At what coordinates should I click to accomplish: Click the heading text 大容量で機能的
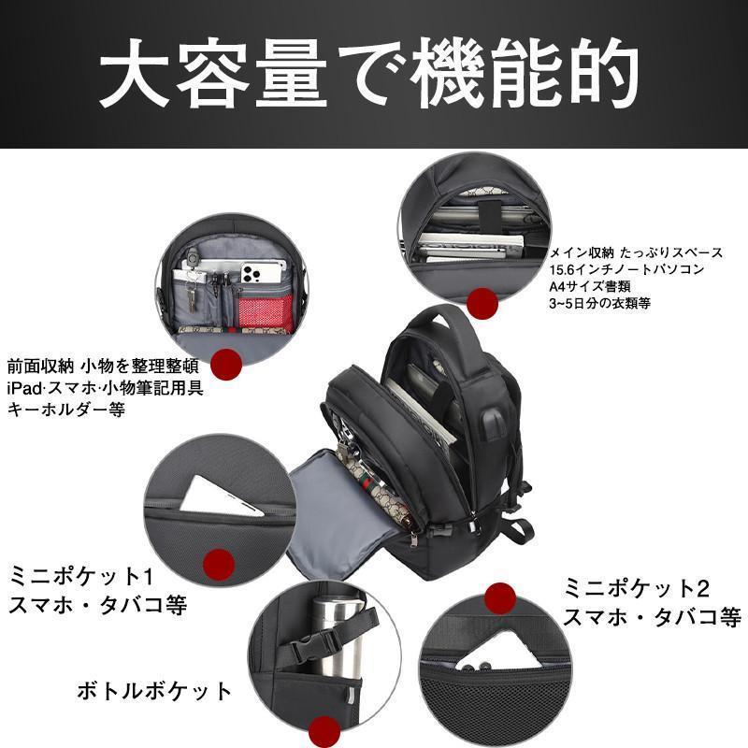point(368,74)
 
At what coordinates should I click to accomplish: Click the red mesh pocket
point(265,310)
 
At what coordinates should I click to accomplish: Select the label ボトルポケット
point(154,691)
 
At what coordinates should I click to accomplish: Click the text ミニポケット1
point(81,576)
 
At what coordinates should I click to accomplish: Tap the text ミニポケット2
point(637,588)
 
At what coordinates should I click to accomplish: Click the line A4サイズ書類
point(590,286)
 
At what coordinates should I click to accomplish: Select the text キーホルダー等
point(66,410)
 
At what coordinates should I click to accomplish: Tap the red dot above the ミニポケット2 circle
point(500,598)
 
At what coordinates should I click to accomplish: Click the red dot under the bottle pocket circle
point(324,731)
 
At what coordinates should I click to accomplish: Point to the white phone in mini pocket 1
point(221,496)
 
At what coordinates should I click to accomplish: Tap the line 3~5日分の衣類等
point(599,303)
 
